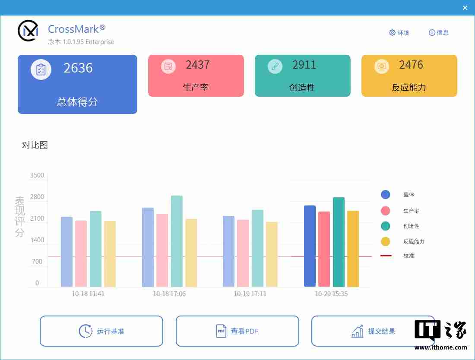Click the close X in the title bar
(x=465, y=8)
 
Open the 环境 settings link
(x=399, y=33)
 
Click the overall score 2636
(x=78, y=68)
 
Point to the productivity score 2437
(x=198, y=65)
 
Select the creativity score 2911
(x=304, y=65)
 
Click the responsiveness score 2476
(x=411, y=65)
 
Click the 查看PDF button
(x=237, y=331)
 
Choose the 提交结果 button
(x=373, y=331)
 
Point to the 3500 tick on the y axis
(x=37, y=175)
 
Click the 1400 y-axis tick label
(x=37, y=240)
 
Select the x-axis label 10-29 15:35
(x=331, y=294)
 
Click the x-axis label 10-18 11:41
(x=88, y=294)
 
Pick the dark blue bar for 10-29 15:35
(x=310, y=246)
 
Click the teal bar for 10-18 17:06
(x=177, y=241)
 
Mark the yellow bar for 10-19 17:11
(x=272, y=254)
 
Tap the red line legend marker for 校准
(x=386, y=256)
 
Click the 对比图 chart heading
(x=35, y=145)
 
